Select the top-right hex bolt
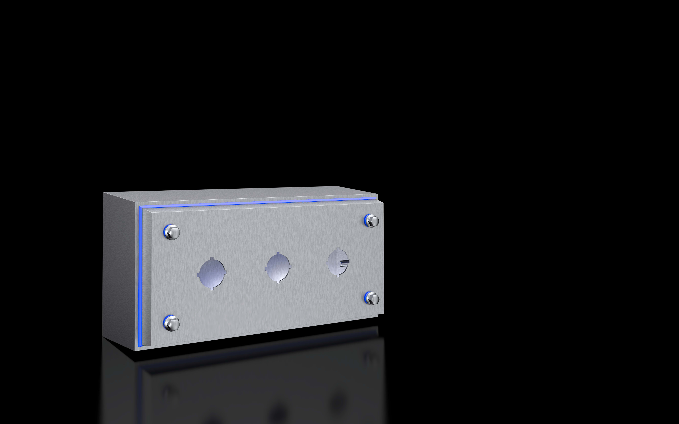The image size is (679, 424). point(372,221)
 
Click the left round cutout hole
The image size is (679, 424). point(212,273)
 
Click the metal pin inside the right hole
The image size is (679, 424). point(344,262)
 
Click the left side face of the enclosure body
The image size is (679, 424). point(121,269)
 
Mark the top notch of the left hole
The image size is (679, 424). point(212,259)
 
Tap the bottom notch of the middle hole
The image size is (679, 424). point(278,282)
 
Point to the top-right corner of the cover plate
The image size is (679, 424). point(383,203)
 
